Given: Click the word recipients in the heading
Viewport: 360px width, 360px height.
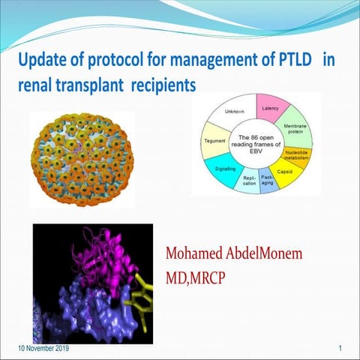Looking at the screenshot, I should point(163,86).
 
